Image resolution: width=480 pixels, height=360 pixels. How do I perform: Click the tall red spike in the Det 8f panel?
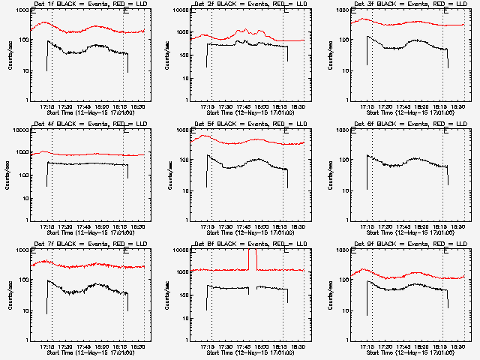[x=253, y=259]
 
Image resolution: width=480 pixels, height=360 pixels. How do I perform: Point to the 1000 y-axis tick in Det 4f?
[x=21, y=130]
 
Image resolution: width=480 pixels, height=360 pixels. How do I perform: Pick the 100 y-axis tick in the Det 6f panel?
[x=343, y=160]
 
